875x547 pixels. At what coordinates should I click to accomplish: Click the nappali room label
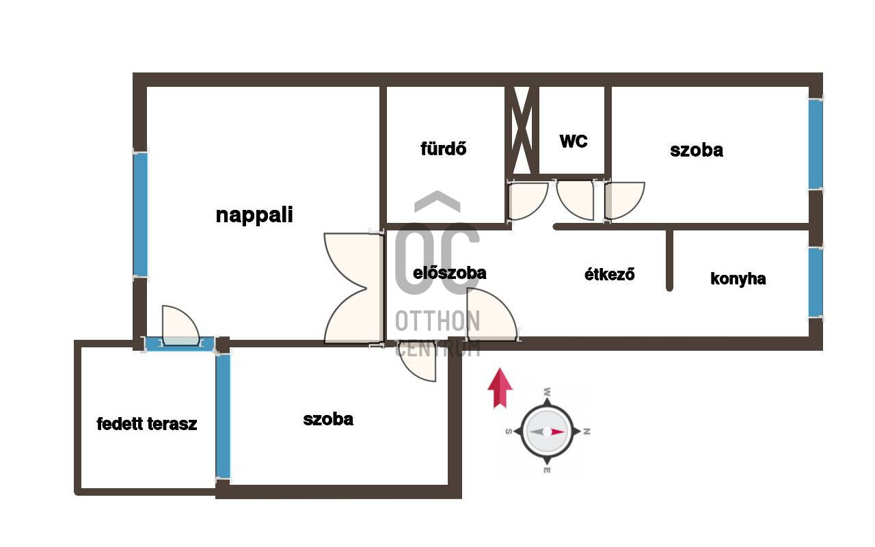click(x=254, y=215)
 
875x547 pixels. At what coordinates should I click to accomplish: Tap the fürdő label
click(x=444, y=148)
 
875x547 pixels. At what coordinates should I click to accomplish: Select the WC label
click(x=574, y=142)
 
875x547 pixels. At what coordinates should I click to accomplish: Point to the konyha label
click(x=738, y=279)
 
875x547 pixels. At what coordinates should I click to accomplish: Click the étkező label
click(x=610, y=274)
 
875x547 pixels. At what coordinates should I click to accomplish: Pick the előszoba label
click(x=450, y=273)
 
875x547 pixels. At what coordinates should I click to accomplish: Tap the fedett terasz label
click(x=147, y=424)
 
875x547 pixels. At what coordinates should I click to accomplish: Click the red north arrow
click(x=500, y=388)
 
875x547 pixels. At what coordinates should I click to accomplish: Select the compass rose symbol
click(x=547, y=431)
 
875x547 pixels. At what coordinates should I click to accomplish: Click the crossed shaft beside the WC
click(x=522, y=130)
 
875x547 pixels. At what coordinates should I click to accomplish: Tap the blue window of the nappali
click(x=140, y=215)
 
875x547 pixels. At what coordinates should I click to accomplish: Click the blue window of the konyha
click(x=816, y=282)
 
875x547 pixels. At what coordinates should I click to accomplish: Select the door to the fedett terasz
click(x=180, y=328)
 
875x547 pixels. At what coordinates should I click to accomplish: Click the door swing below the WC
click(x=576, y=198)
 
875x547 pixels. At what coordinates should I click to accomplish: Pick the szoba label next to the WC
click(x=697, y=150)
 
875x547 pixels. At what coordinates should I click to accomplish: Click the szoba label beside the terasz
click(x=328, y=419)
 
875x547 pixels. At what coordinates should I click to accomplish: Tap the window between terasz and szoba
click(x=223, y=415)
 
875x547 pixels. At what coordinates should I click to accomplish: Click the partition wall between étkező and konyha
click(x=670, y=260)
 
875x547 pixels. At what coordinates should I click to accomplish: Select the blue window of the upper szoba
click(x=816, y=144)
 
